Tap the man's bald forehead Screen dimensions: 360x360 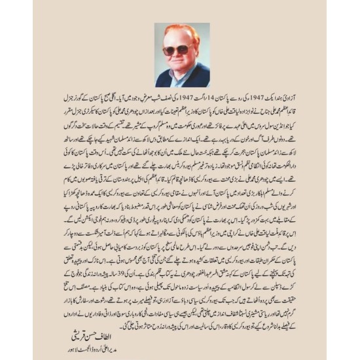(x=177, y=36)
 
